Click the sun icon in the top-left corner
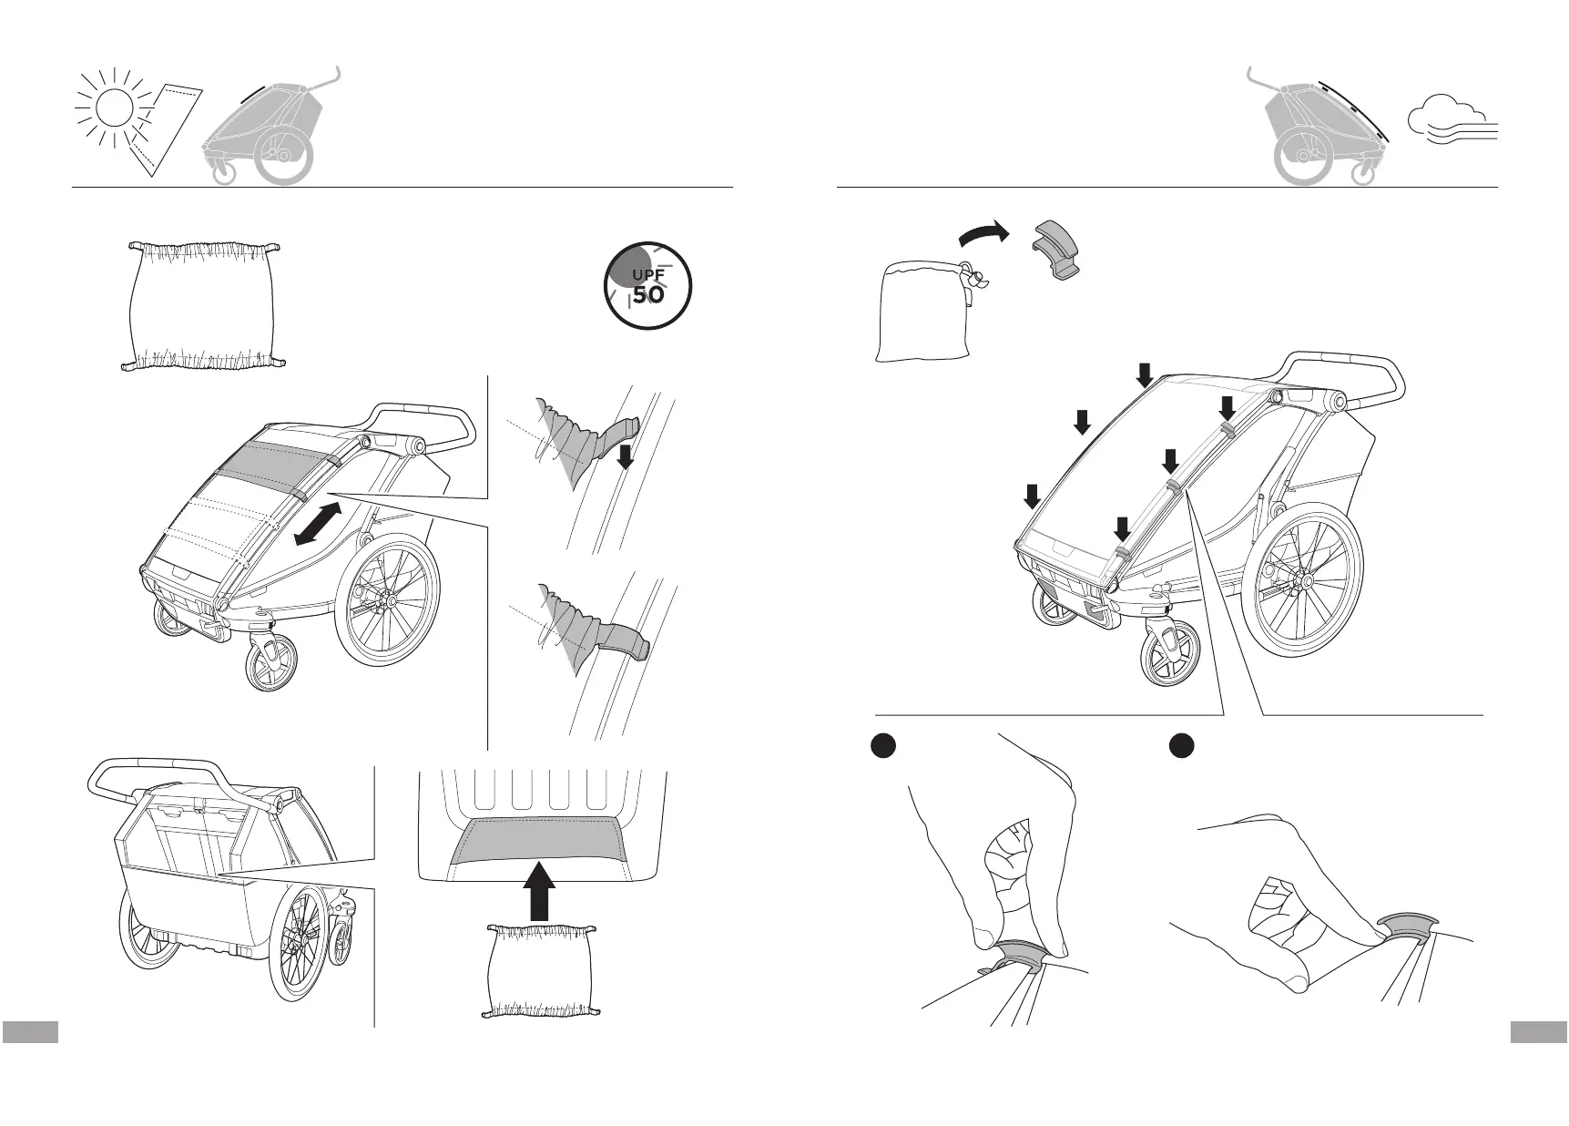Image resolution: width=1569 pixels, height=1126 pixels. tap(114, 110)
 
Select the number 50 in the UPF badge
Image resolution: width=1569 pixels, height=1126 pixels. tap(648, 295)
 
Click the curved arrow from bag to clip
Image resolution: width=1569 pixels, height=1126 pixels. tap(985, 234)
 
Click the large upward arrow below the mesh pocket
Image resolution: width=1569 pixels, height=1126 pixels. tap(539, 891)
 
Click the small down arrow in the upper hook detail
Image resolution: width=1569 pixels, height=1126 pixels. tap(625, 456)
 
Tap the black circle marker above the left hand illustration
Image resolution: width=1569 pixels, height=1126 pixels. tap(881, 745)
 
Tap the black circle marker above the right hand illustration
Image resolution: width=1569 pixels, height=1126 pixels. tap(1182, 745)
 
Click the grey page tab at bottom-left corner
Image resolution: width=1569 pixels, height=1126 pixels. tap(30, 1031)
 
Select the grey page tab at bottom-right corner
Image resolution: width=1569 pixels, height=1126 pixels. tap(1538, 1031)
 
